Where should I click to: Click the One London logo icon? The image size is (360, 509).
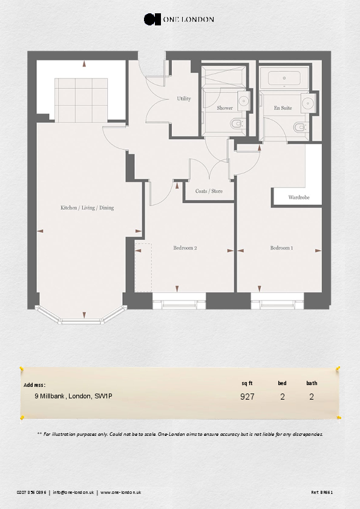click(x=151, y=19)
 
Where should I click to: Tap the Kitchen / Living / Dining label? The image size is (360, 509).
click(x=87, y=208)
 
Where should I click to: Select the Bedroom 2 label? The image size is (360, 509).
click(x=185, y=248)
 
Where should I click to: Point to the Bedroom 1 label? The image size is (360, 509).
click(x=281, y=248)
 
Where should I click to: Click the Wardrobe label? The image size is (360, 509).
click(x=299, y=198)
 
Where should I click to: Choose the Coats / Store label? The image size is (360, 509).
click(x=209, y=191)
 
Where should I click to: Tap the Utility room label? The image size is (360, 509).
click(x=184, y=99)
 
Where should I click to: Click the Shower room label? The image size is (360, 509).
click(x=224, y=108)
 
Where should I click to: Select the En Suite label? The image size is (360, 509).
click(x=283, y=108)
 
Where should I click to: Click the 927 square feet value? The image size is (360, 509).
click(x=247, y=397)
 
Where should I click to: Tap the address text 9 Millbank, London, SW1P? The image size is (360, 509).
click(x=73, y=397)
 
